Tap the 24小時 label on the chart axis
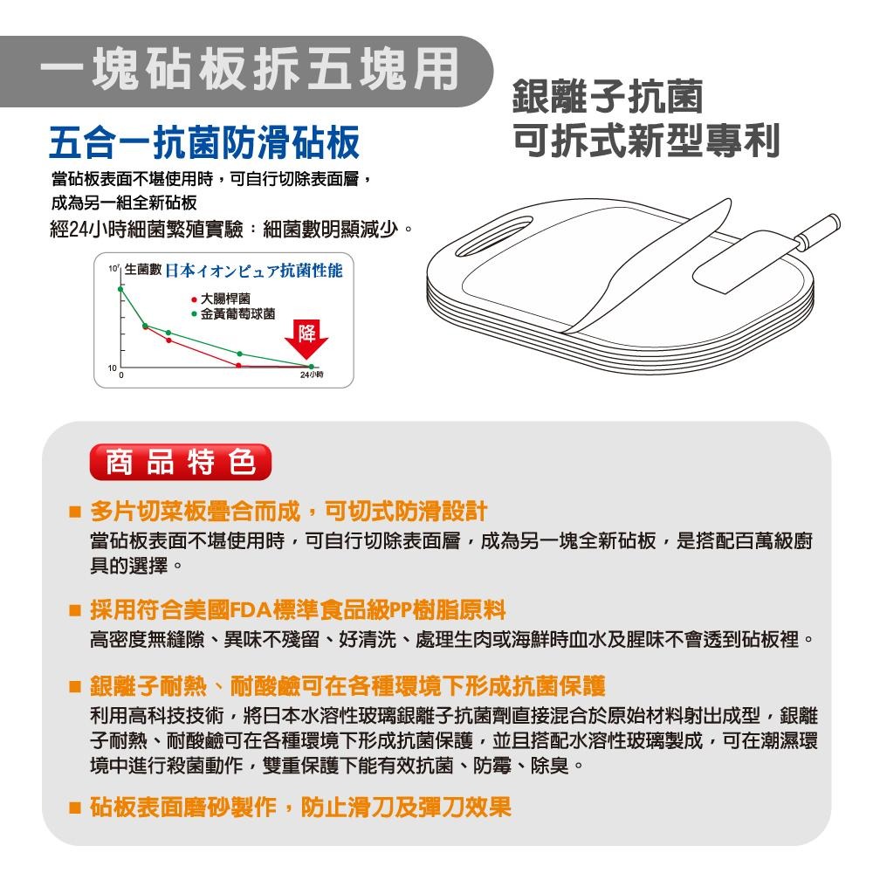[312, 375]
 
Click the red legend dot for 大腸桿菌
[194, 299]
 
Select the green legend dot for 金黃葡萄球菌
[194, 313]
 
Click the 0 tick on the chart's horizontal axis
[122, 375]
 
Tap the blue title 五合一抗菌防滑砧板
[203, 141]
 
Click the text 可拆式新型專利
[646, 140]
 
